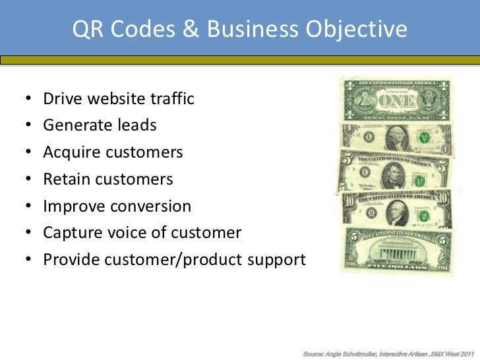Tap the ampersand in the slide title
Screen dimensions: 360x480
coord(191,30)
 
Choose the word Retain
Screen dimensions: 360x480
coord(66,179)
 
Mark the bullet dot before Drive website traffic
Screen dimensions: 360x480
coord(29,100)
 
